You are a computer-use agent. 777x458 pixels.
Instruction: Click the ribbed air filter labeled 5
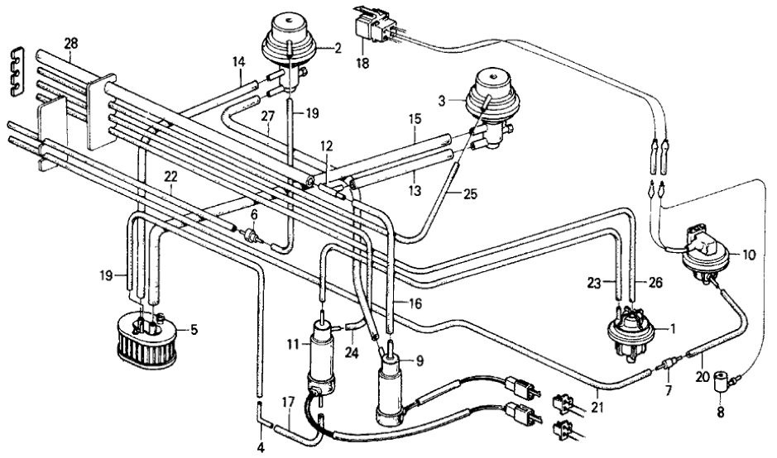point(148,334)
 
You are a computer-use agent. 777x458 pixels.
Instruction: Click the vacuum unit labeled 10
point(704,256)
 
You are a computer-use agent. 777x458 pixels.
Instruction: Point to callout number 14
point(238,62)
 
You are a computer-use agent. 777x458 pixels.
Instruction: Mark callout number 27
point(267,117)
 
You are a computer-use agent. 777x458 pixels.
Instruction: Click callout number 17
point(289,403)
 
